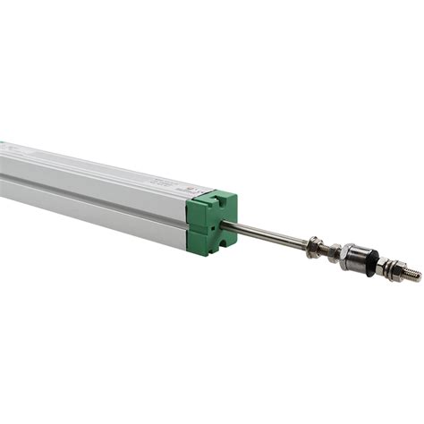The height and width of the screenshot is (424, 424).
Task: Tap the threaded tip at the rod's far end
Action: pyautogui.click(x=410, y=273)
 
